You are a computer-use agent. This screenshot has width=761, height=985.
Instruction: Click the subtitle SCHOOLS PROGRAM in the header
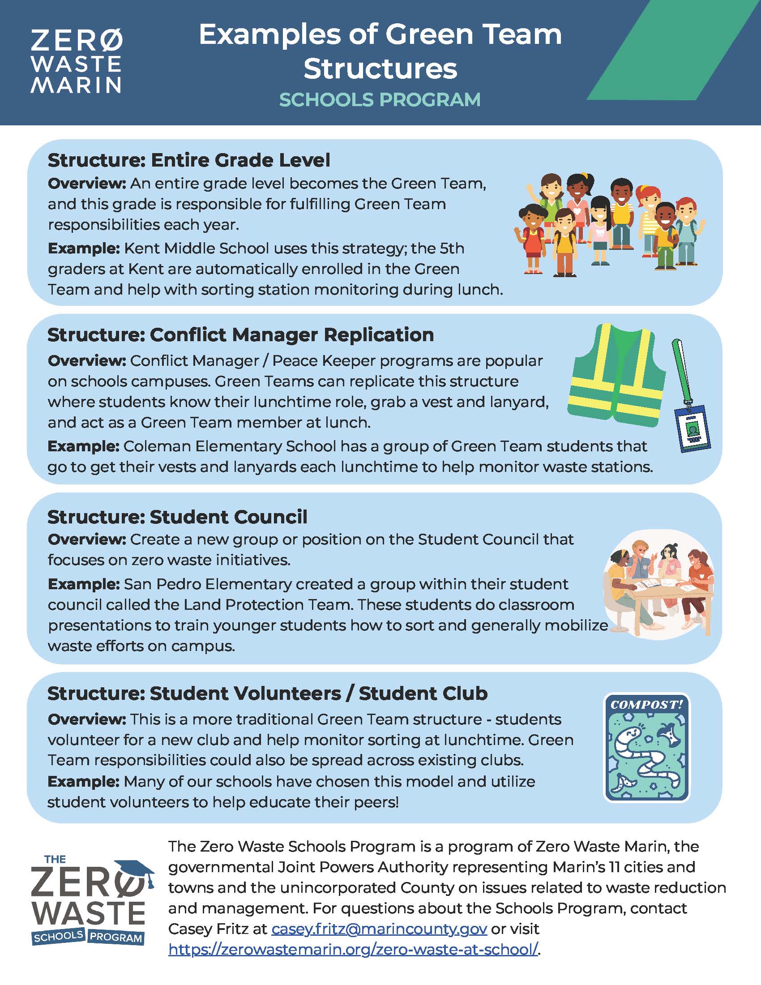tap(380, 100)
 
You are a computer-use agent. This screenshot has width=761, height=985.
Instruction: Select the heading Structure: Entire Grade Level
tap(189, 161)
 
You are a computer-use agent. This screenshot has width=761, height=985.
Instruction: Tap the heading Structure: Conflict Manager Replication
tap(240, 335)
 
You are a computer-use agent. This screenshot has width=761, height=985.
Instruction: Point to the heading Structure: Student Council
tap(177, 517)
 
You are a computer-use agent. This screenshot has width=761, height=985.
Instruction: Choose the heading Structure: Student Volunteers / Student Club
tap(267, 694)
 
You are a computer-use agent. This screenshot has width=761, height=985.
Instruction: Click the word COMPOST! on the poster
tap(646, 704)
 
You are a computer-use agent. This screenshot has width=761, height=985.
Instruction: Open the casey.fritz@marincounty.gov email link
tap(379, 929)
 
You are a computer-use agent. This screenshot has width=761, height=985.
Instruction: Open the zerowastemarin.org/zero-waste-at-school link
tap(354, 949)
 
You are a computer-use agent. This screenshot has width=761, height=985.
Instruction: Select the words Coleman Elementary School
tap(230, 446)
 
